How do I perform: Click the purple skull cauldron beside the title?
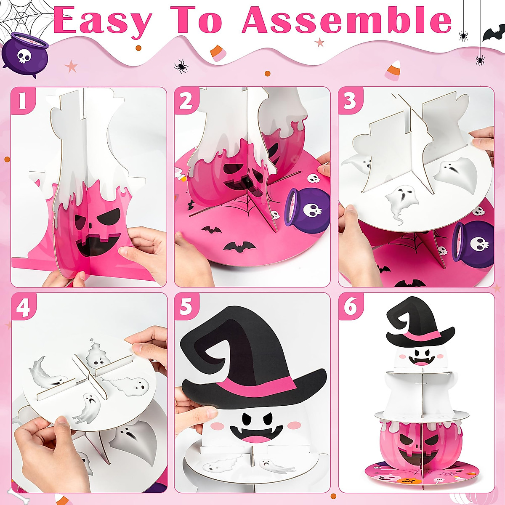[x=24, y=55]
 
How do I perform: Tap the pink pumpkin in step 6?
[x=421, y=442]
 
